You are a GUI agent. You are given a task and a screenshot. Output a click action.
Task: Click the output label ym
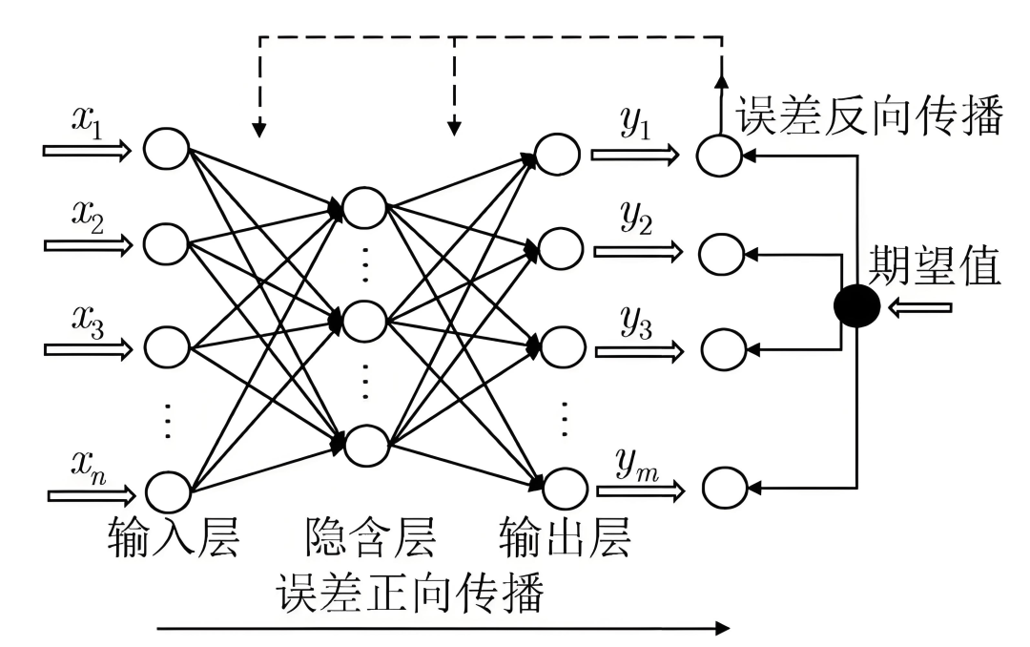[637, 467]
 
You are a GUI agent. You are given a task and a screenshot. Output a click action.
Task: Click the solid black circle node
[855, 306]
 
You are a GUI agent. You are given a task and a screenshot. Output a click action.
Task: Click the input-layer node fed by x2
[167, 242]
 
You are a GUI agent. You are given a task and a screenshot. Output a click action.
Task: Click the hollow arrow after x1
[87, 151]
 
